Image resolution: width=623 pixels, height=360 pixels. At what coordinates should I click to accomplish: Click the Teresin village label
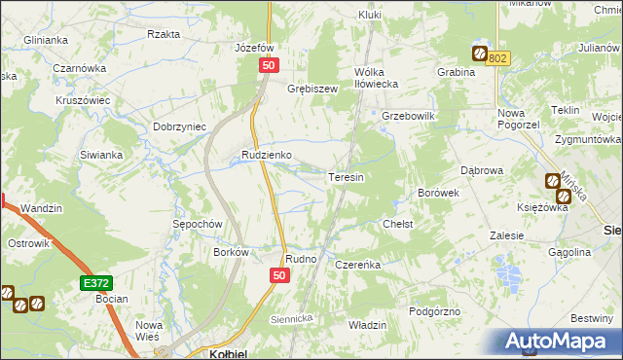pos(347,178)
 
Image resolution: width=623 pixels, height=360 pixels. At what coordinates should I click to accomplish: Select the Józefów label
pos(250,48)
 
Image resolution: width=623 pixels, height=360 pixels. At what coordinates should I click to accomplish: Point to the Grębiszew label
pos(311,89)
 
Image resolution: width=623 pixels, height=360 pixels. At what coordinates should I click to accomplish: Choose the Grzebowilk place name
pos(408,115)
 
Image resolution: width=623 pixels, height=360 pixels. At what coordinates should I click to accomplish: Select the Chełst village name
pos(398,224)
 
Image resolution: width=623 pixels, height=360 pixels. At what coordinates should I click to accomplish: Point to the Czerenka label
pos(356,264)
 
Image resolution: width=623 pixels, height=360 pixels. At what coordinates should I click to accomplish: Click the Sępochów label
pos(199,223)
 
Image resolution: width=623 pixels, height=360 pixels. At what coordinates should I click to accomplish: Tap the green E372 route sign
pos(95,282)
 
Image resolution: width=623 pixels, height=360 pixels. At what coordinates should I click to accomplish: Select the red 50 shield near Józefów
pos(270,64)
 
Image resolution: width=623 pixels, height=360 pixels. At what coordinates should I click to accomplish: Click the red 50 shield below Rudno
pos(279,276)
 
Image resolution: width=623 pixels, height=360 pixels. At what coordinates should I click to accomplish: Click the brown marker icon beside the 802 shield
pos(480,54)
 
